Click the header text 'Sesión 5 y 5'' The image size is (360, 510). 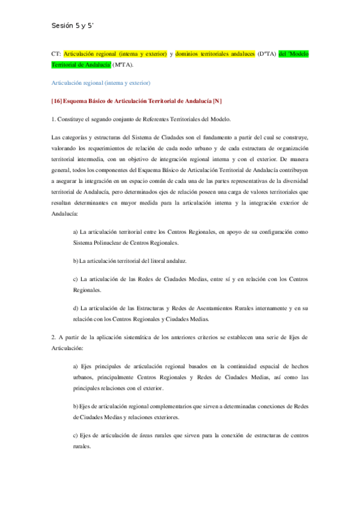tap(73, 26)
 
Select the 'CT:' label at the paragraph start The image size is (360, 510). tap(56, 54)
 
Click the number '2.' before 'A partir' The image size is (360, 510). tap(54, 337)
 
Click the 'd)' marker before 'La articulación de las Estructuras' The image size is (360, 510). tap(75, 309)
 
